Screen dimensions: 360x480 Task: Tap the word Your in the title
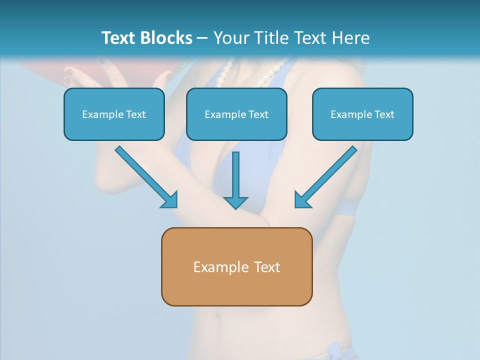pyautogui.click(x=231, y=38)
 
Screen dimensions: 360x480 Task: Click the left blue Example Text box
pyautogui.click(x=114, y=114)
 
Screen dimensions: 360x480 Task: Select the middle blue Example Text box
pyautogui.click(x=236, y=114)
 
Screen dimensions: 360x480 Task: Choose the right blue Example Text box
pyautogui.click(x=362, y=114)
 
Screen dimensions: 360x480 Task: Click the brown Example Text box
pyautogui.click(x=236, y=266)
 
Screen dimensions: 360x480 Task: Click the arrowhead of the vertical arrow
pyautogui.click(x=235, y=202)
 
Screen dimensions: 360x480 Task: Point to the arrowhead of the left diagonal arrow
pyautogui.click(x=170, y=200)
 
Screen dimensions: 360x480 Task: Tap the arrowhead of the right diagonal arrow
pyautogui.click(x=302, y=200)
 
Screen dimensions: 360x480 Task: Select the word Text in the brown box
pyautogui.click(x=267, y=267)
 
